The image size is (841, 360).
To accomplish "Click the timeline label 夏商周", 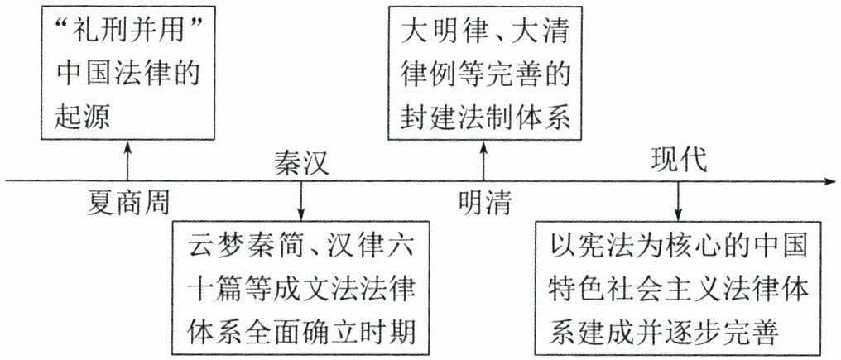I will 127,201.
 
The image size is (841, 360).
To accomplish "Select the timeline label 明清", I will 485,201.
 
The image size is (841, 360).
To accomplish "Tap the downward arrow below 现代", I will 678,200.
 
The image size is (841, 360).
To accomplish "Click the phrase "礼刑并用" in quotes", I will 125,36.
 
